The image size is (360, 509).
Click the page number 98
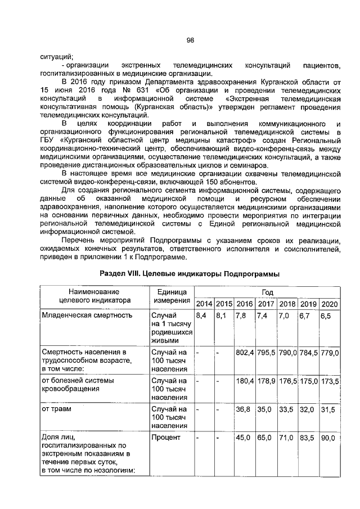pos(190,40)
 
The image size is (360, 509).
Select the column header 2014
pos(204,304)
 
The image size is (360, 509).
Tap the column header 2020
pos(329,304)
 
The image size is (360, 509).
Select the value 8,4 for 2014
pos(200,316)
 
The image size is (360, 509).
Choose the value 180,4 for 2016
pos(245,381)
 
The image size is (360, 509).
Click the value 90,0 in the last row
pos(328,436)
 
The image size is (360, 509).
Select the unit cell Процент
pos(165,437)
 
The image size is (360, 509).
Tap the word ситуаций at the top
pos(57,56)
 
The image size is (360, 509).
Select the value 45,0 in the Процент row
pos(243,436)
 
